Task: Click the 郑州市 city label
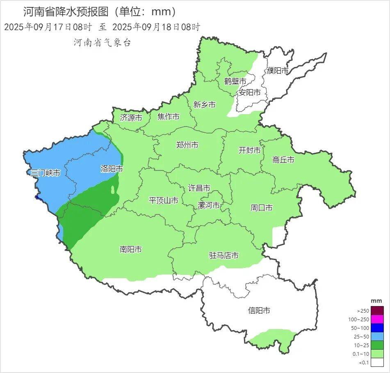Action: pyautogui.click(x=187, y=145)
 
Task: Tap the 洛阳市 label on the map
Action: pyautogui.click(x=112, y=169)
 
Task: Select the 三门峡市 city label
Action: pyautogui.click(x=46, y=173)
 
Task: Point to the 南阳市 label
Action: pyautogui.click(x=131, y=249)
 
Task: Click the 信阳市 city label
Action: pyautogui.click(x=259, y=311)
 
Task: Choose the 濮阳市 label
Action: pyautogui.click(x=278, y=71)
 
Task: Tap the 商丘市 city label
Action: pyautogui.click(x=283, y=160)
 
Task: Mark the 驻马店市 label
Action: pyautogui.click(x=224, y=256)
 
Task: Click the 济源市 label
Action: pyautogui.click(x=131, y=118)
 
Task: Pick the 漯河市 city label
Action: pyautogui.click(x=209, y=205)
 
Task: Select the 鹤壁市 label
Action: pyautogui.click(x=235, y=81)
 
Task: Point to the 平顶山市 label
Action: pyautogui.click(x=163, y=200)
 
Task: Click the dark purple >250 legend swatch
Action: pyautogui.click(x=378, y=311)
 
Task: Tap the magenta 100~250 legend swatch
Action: pyautogui.click(x=378, y=319)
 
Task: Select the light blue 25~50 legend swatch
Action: pyautogui.click(x=378, y=336)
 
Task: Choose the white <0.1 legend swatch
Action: pyautogui.click(x=378, y=362)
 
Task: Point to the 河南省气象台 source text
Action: pyautogui.click(x=102, y=42)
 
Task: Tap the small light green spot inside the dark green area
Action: pyautogui.click(x=113, y=190)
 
